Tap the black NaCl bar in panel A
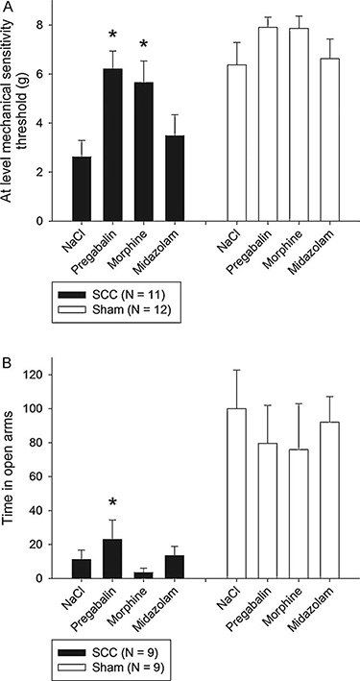point(83,189)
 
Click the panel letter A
point(9,9)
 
